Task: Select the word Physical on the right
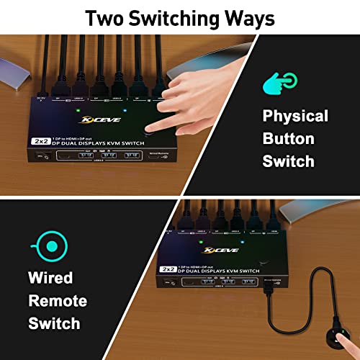point(295,115)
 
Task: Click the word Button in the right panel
point(289,138)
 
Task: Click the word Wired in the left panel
point(51,278)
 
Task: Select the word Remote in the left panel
point(57,301)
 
